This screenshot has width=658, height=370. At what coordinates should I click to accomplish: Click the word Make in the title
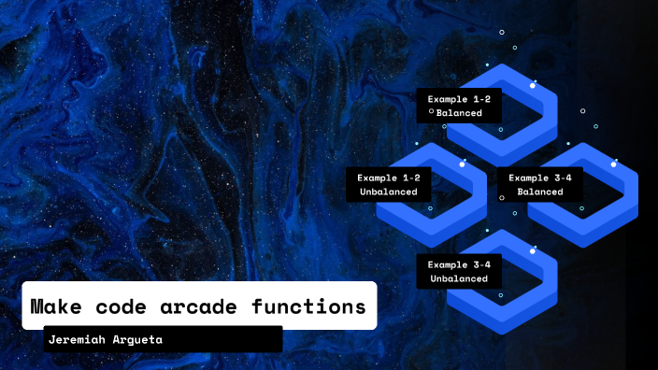click(58, 306)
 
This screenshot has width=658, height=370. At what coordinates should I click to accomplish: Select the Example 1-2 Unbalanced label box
click(388, 184)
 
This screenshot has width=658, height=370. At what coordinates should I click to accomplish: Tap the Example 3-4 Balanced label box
click(539, 184)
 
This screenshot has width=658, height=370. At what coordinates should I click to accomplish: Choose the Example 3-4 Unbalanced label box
click(459, 271)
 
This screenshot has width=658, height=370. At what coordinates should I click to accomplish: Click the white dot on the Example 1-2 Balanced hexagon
click(533, 85)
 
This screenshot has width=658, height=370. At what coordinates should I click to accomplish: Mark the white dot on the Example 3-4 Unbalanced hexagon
click(533, 251)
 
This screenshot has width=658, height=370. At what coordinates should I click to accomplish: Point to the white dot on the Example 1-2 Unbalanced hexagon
click(462, 164)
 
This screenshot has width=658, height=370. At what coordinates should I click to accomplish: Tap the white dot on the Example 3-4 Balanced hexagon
click(613, 164)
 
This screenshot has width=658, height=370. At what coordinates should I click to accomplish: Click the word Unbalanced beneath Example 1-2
click(388, 192)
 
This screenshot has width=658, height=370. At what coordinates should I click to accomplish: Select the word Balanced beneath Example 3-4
click(539, 192)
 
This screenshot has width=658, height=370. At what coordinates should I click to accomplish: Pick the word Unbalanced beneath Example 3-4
click(459, 278)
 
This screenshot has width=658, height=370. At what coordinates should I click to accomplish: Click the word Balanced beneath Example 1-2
click(459, 113)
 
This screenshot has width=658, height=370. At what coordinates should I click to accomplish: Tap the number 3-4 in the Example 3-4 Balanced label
click(566, 177)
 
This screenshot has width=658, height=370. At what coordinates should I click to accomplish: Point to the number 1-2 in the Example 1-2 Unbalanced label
click(411, 177)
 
